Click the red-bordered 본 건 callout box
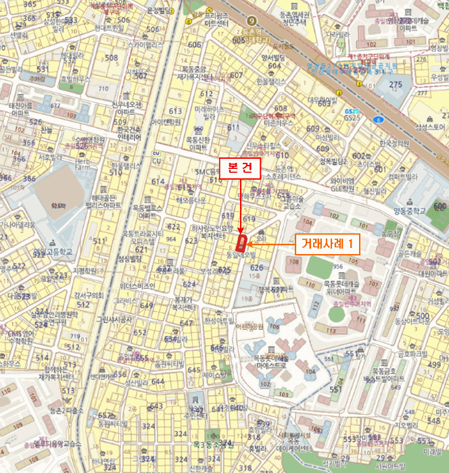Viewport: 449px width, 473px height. (x=241, y=168)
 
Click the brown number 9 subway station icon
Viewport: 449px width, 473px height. (x=252, y=20)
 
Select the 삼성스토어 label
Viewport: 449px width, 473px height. (x=431, y=127)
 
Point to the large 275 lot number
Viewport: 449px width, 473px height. (x=396, y=84)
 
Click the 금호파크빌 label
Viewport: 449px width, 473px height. (x=410, y=353)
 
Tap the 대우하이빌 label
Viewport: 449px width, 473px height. (x=322, y=100)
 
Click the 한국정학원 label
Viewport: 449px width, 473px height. (x=395, y=143)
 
